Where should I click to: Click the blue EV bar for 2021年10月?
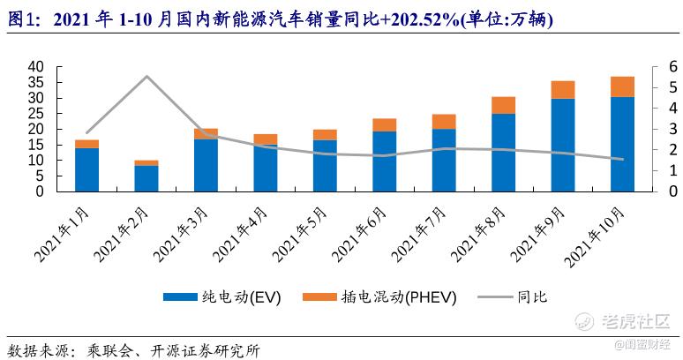coord(622,144)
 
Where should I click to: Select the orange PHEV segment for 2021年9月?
coord(563,89)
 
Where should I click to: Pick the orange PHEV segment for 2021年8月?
coord(504,105)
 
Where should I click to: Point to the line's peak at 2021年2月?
coord(146,77)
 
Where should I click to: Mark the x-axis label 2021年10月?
coord(598,233)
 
